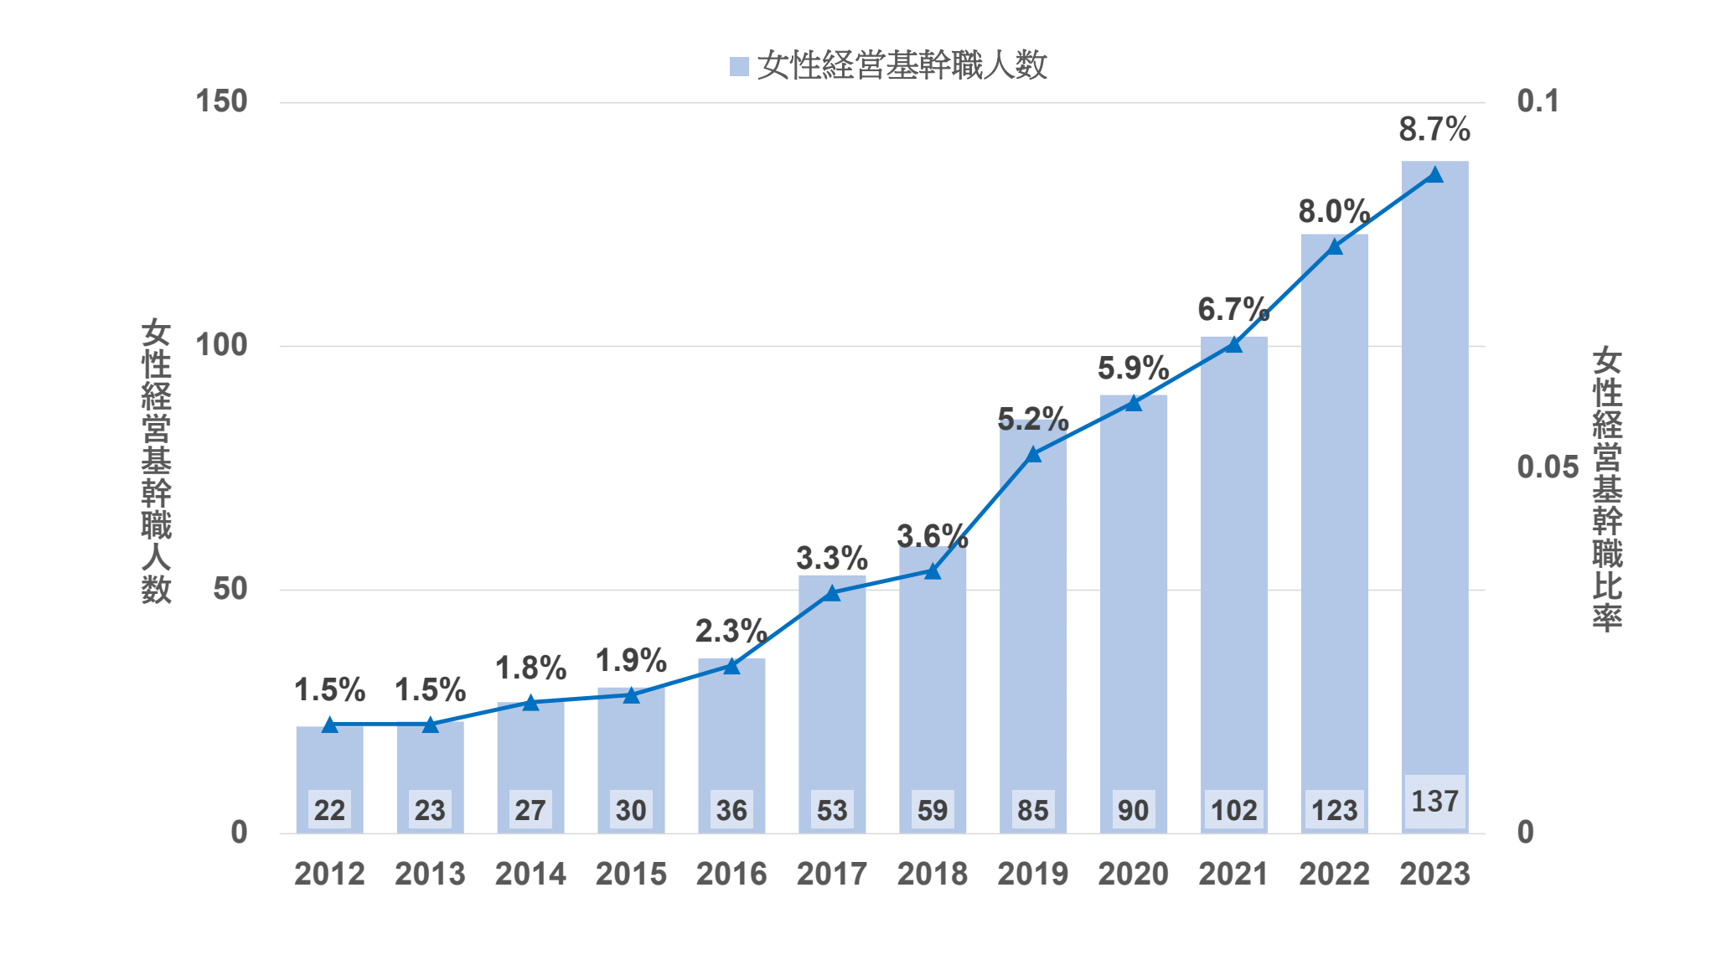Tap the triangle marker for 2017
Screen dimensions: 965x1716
point(832,594)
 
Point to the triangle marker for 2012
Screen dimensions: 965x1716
point(329,725)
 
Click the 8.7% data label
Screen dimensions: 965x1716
point(1434,130)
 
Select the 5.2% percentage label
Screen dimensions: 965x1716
point(1032,419)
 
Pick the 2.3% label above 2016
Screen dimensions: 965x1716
point(731,631)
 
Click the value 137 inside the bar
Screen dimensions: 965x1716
point(1434,802)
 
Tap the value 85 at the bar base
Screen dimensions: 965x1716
point(1032,810)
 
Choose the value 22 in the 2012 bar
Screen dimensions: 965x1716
point(329,810)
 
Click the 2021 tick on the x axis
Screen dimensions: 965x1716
point(1233,874)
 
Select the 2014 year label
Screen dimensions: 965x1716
point(530,874)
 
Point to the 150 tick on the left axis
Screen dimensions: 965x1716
point(221,101)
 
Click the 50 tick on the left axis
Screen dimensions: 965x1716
point(230,589)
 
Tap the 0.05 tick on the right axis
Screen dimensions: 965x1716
point(1548,467)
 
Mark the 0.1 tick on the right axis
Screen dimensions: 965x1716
point(1538,101)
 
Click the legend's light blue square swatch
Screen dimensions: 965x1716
point(739,66)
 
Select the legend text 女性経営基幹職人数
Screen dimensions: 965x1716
point(902,65)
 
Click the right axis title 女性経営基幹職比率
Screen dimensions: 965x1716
point(1607,489)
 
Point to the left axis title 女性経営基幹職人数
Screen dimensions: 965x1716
point(156,461)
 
